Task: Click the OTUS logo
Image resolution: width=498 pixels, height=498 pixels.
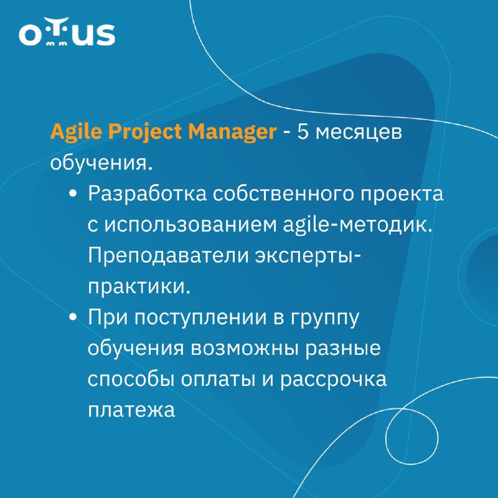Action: click(67, 32)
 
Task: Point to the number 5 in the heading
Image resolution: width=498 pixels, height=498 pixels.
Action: click(303, 131)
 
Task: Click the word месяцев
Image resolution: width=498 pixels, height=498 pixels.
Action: click(359, 133)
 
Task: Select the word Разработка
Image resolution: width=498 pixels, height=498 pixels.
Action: click(147, 194)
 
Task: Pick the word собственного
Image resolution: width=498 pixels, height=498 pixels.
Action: click(283, 194)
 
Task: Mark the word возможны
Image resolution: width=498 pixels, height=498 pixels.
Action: click(245, 348)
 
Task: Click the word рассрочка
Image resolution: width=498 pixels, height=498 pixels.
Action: click(333, 380)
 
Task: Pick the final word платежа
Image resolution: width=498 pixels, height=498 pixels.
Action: click(131, 410)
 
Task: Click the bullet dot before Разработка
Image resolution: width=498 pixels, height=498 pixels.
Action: click(73, 194)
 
